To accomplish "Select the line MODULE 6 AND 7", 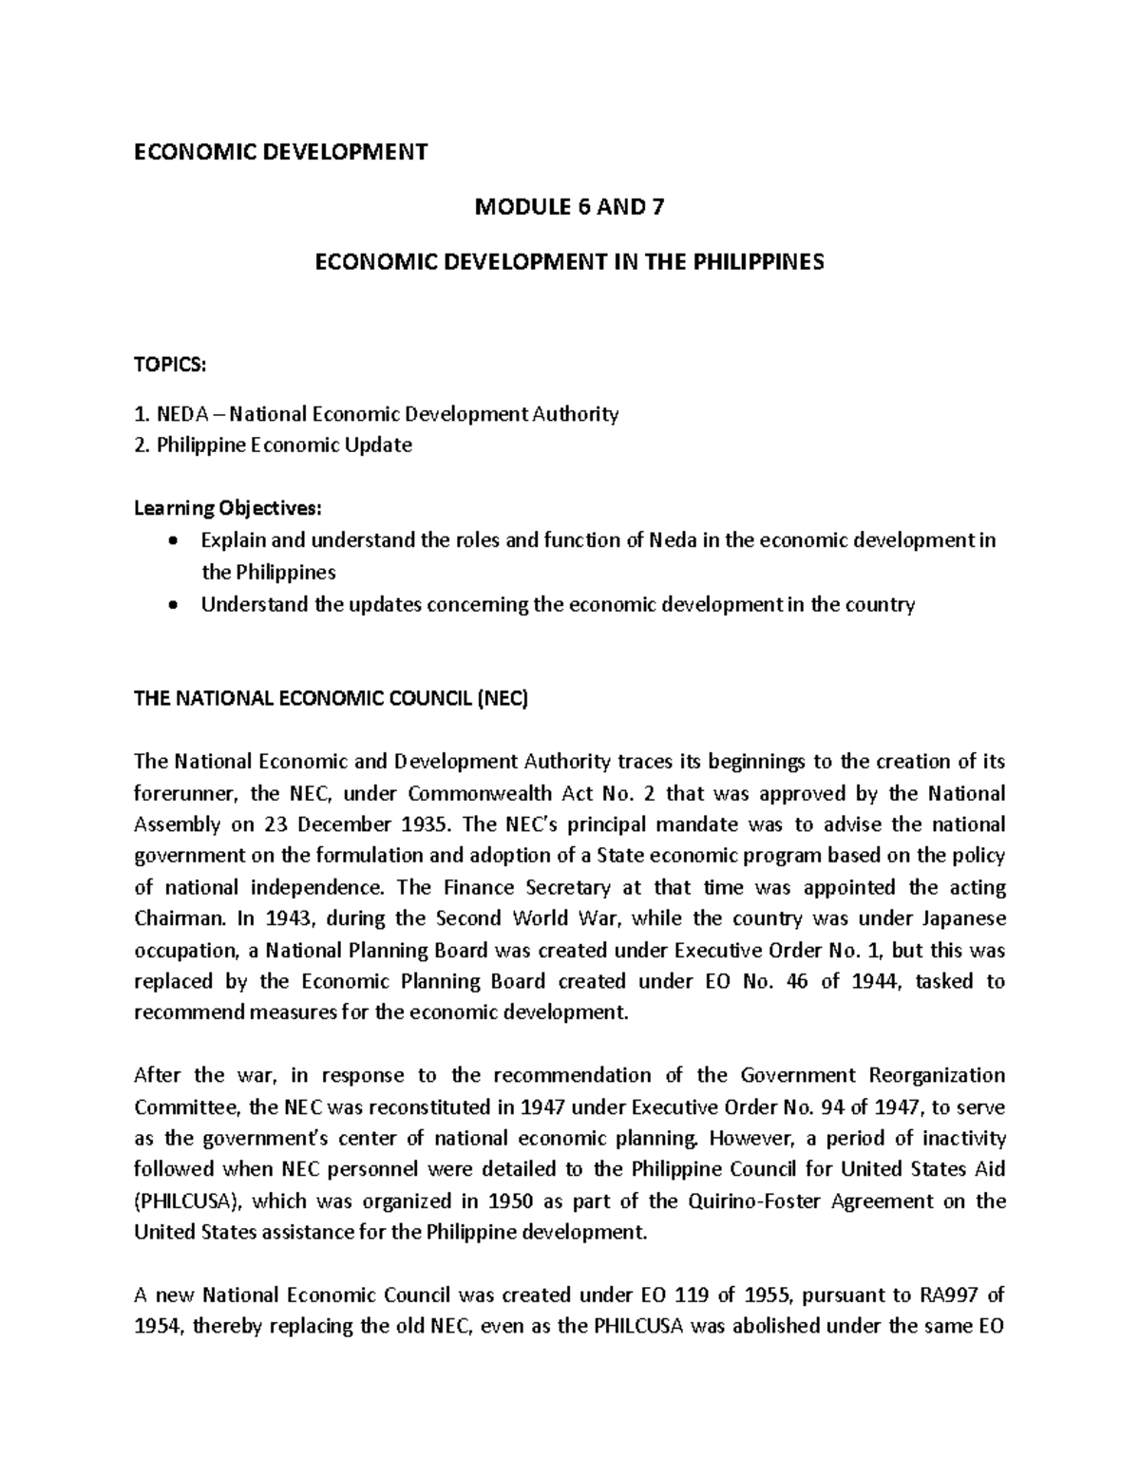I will click(569, 206).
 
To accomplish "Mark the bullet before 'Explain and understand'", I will click(171, 541).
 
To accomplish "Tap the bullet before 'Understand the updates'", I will click(171, 605).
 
